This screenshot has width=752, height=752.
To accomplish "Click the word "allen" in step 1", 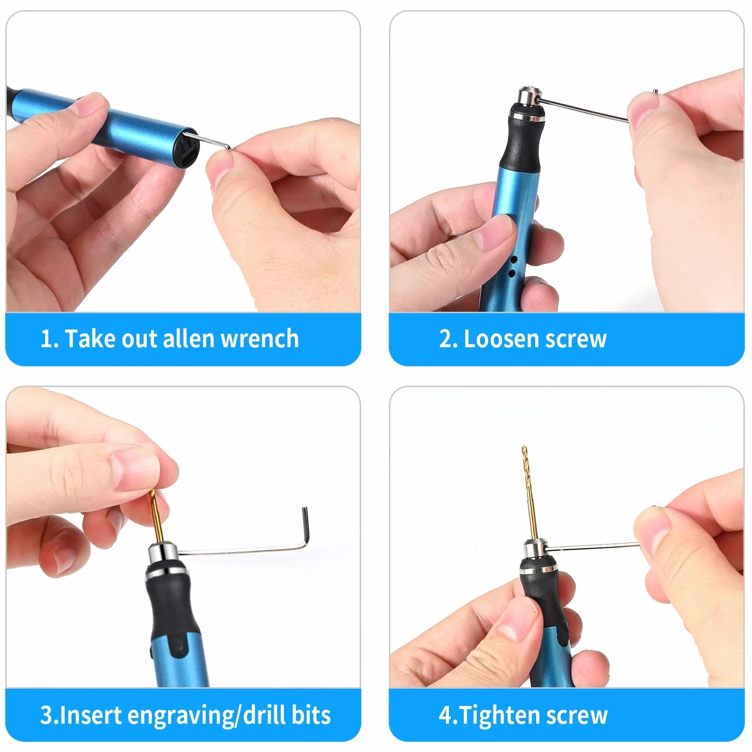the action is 189,339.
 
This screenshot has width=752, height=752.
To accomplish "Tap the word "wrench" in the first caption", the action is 259,339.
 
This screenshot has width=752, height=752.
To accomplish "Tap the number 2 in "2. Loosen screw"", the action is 446,339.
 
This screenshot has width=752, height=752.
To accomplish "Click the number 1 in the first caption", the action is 46,339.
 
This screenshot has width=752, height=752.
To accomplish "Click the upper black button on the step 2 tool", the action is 514,259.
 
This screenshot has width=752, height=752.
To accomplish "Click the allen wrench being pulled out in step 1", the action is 213,141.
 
